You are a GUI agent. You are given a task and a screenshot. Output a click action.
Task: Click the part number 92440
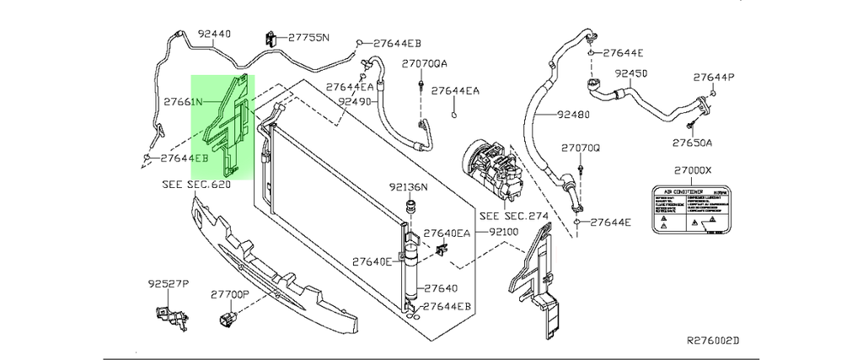coord(214,35)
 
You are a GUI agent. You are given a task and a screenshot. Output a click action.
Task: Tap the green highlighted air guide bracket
coord(223,126)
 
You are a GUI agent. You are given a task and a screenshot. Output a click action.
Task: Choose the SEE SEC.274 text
coord(513,215)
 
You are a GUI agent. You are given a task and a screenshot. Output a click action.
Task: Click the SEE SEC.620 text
coord(196,183)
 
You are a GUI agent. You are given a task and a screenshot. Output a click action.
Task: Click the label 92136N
coord(409,187)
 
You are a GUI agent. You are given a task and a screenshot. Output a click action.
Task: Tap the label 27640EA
coord(446,234)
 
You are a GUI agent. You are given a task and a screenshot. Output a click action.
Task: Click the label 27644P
coord(714,78)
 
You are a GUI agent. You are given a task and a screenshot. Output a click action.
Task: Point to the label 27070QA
coord(424,63)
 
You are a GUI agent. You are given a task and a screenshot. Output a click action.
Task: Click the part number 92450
coord(630,73)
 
